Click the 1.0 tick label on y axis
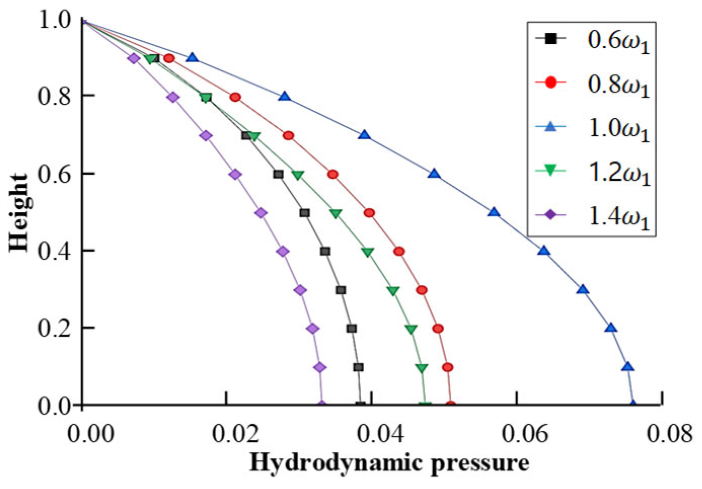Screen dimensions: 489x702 coord(54,20)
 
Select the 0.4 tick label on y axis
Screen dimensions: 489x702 coord(54,251)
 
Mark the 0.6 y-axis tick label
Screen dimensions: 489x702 coord(54,174)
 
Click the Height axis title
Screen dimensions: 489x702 coord(19,213)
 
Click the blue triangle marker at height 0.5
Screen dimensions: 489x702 coord(494,212)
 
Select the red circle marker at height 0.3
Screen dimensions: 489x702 coord(421,290)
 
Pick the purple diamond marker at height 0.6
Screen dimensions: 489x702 coord(235,175)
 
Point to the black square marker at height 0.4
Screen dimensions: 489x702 coord(325,252)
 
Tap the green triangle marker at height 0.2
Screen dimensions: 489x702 coord(411,329)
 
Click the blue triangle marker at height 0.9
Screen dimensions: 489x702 coord(192,58)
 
